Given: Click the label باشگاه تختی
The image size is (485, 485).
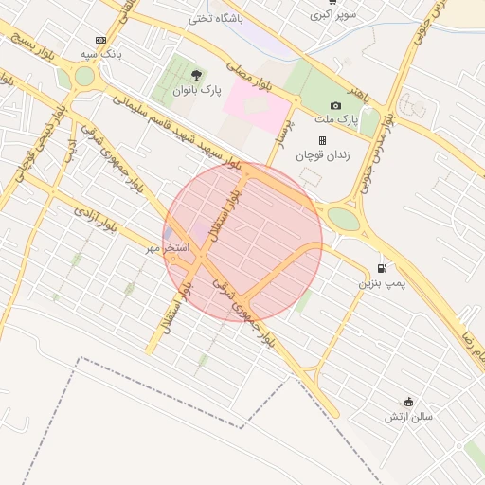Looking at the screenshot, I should coord(215,18).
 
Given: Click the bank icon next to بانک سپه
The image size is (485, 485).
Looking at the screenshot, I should coord(100,40).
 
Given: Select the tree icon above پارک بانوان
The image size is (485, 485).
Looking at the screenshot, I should coord(196,74).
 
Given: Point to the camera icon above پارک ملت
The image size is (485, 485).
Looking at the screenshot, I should coord(335,105).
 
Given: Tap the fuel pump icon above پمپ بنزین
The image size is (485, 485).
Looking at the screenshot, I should coord(382,268).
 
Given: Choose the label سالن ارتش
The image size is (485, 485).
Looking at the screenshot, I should coord(408,417).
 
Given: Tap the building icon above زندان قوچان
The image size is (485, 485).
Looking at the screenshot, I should coord(322,141).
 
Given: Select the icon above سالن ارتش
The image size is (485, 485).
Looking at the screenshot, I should coord(408,402).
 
